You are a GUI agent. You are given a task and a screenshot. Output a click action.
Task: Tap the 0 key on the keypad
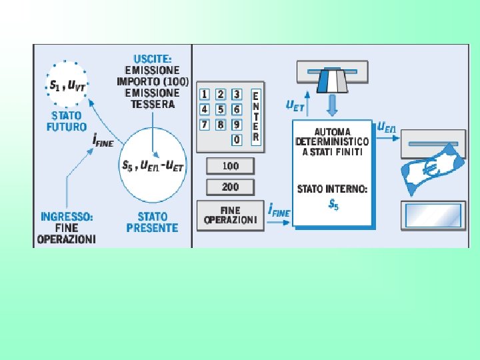[237, 140]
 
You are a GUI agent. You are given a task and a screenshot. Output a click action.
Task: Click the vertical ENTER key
[255, 117]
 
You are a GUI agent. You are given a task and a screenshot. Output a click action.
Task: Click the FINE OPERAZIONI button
[230, 215]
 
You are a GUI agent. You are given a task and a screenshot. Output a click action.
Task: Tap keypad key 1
[205, 94]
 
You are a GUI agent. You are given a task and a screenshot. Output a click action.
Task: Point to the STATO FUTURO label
[66, 121]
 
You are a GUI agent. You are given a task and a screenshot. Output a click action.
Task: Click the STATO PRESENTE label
[153, 222]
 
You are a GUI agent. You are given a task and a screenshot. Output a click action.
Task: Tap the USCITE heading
[153, 59]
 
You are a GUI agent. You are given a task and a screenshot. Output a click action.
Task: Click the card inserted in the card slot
[331, 81]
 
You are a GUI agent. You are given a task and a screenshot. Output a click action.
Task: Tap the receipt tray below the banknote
[432, 215]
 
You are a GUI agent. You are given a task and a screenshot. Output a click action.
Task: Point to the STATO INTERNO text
[332, 189]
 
